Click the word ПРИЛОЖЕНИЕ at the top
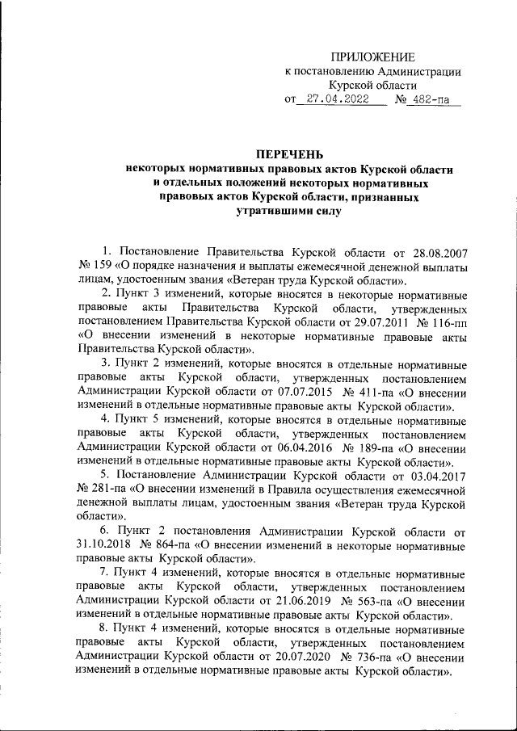373,57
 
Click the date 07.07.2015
313,393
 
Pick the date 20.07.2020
313,658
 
